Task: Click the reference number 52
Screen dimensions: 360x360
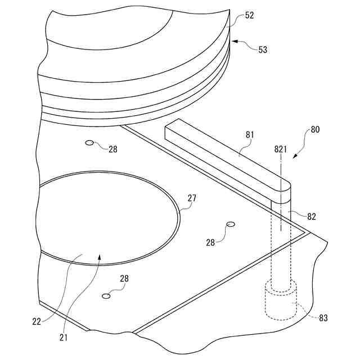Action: [249, 16]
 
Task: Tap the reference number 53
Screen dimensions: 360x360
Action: [263, 50]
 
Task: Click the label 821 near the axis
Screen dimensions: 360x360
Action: [281, 149]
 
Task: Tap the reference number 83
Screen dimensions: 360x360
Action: [323, 318]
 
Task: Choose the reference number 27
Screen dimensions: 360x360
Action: [192, 198]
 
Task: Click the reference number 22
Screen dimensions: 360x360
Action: [37, 322]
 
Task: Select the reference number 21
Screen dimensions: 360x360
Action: [64, 337]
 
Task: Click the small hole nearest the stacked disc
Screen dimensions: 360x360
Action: [89, 143]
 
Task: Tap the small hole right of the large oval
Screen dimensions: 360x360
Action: [230, 224]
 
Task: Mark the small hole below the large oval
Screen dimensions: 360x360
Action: [105, 295]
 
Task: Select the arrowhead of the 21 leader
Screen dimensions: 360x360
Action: [100, 256]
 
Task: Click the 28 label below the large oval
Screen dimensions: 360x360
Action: [124, 278]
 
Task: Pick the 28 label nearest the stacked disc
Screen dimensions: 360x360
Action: [113, 149]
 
